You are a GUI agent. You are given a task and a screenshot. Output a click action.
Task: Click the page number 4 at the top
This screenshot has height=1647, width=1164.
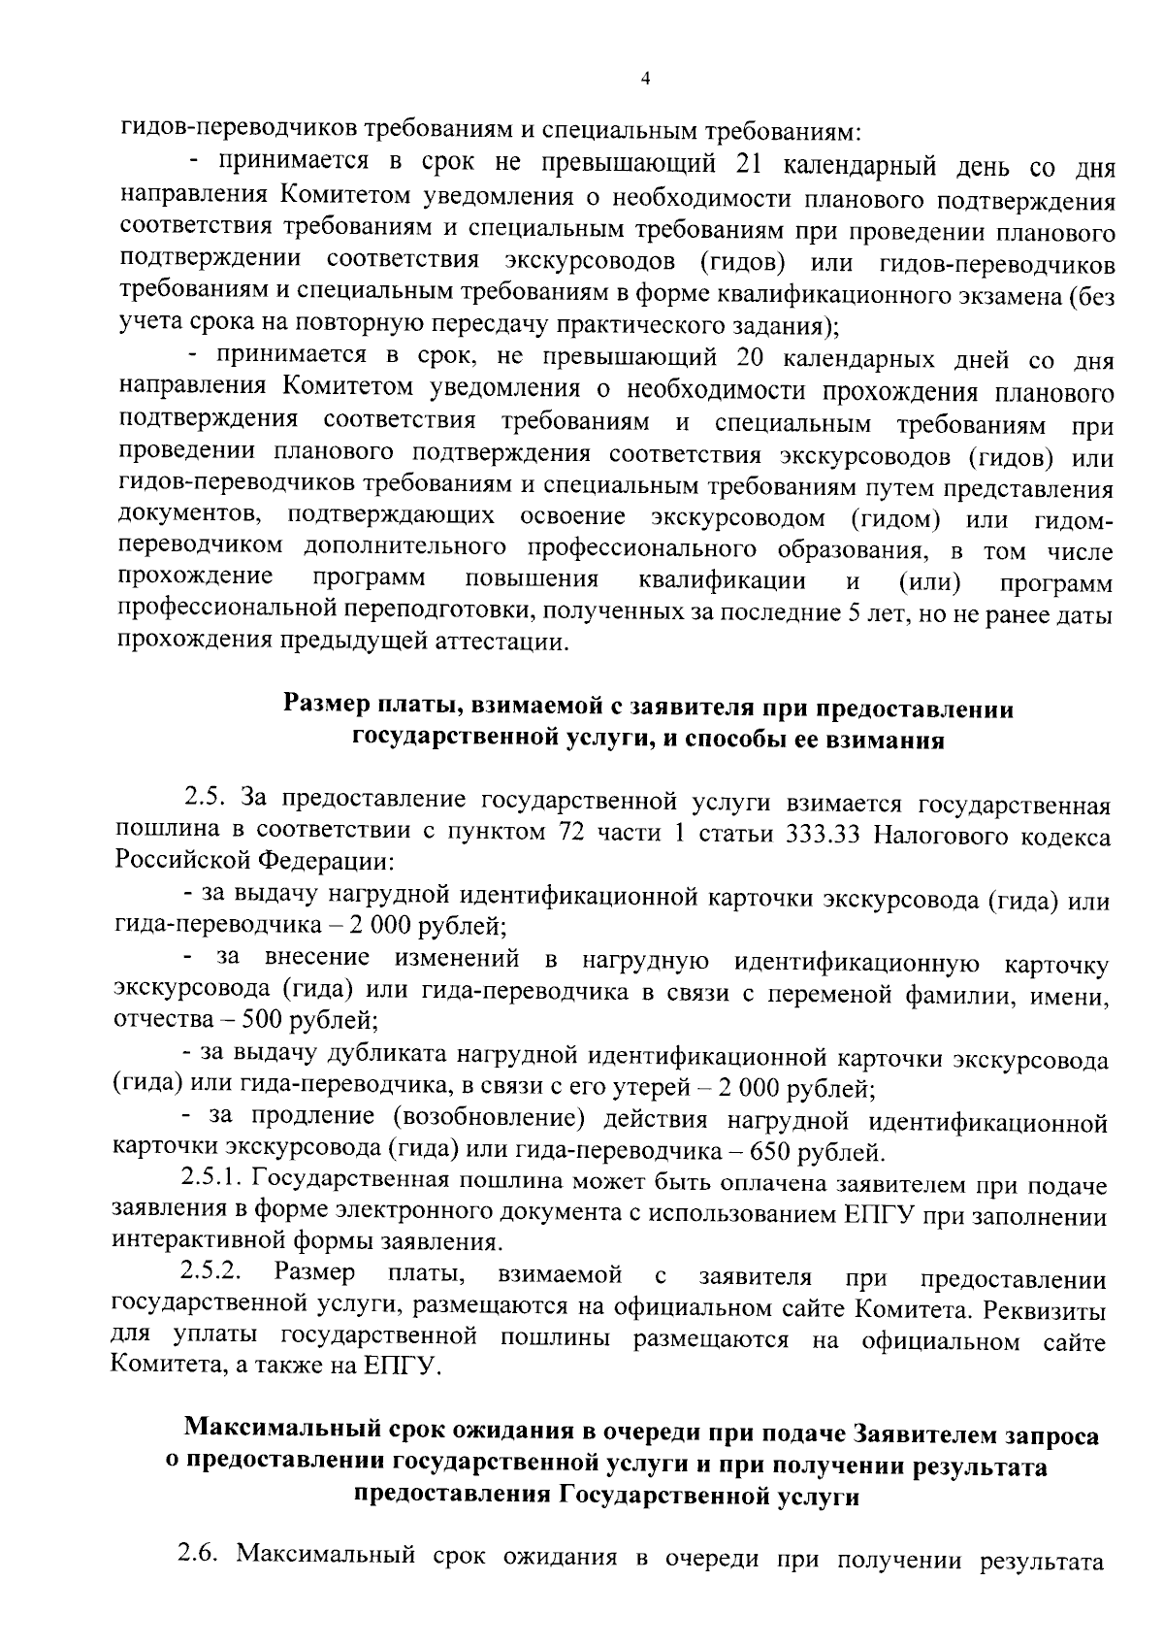coord(646,80)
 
